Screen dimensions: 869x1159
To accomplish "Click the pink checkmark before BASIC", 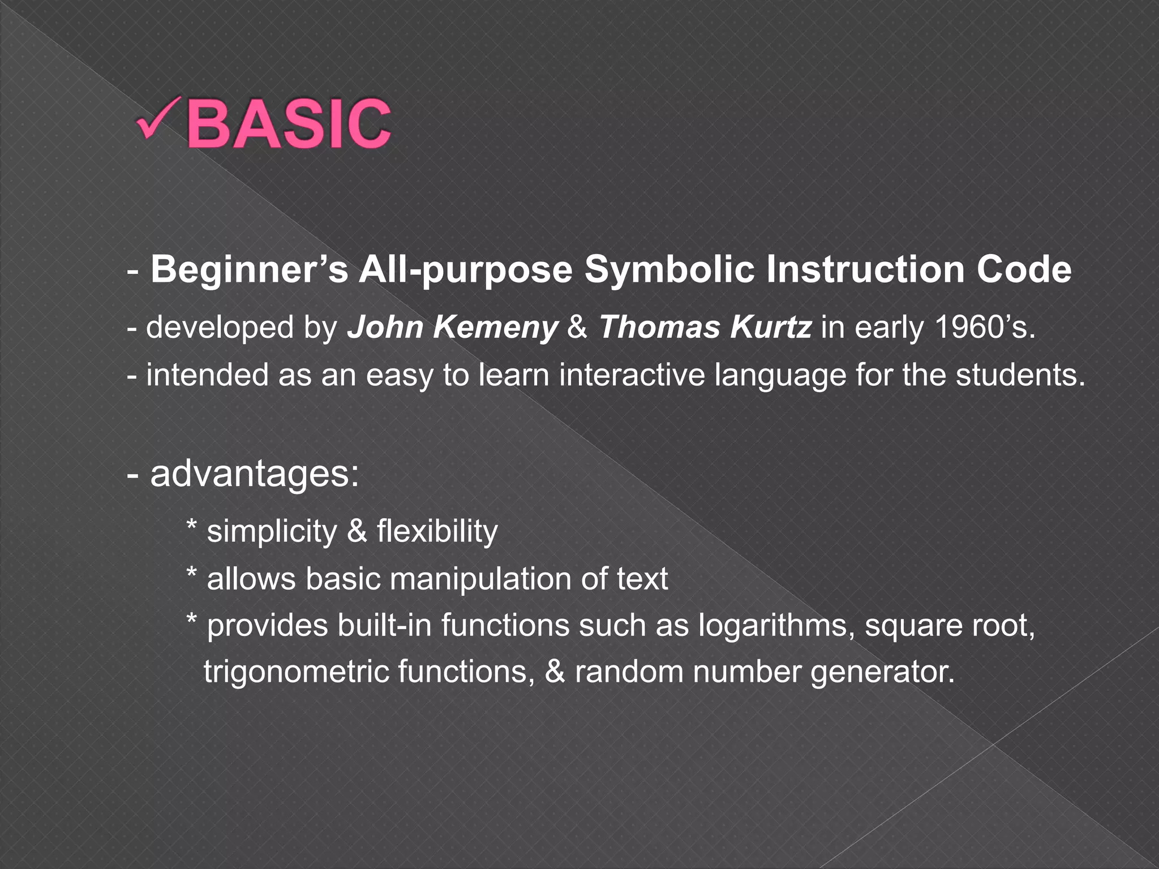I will click(x=157, y=119).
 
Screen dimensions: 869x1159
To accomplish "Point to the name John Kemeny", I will click(x=452, y=328).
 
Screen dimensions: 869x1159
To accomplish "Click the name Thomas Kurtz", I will click(x=705, y=328).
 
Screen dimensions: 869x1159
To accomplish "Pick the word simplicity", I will click(x=272, y=532).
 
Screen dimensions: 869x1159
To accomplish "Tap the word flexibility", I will click(x=437, y=532).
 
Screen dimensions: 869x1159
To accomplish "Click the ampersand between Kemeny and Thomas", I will click(x=577, y=328).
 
